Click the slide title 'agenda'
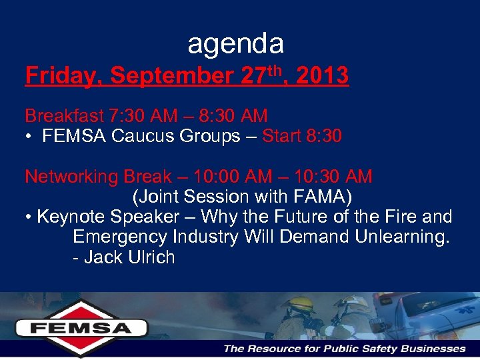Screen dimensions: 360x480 click(235, 44)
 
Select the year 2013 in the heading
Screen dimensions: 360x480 click(321, 77)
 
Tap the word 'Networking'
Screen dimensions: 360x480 click(71, 177)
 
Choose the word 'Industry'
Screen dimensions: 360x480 click(207, 237)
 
